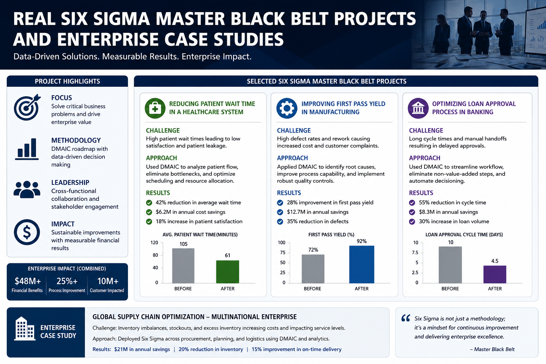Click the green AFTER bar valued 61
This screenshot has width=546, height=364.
point(227,272)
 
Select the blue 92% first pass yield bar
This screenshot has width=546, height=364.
point(362,264)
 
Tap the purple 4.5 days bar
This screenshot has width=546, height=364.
point(494,274)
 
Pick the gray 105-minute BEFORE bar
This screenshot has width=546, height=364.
point(183,266)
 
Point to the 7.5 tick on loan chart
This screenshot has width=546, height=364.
point(415,253)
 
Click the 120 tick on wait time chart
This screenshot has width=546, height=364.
point(154,242)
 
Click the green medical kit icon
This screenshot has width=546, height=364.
point(155,108)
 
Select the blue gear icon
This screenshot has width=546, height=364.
point(287,108)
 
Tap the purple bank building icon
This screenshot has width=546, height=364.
point(418,108)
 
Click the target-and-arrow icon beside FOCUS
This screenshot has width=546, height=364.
point(27,107)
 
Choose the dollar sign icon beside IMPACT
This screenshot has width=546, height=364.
point(27,232)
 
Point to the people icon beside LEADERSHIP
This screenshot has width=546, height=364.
point(27,189)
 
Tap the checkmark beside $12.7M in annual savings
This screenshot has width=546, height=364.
point(280,212)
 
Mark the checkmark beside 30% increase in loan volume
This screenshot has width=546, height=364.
point(412,221)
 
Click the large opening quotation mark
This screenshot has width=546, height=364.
point(406,318)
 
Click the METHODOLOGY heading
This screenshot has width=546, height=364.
point(76,140)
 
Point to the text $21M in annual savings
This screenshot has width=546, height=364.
point(142,349)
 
